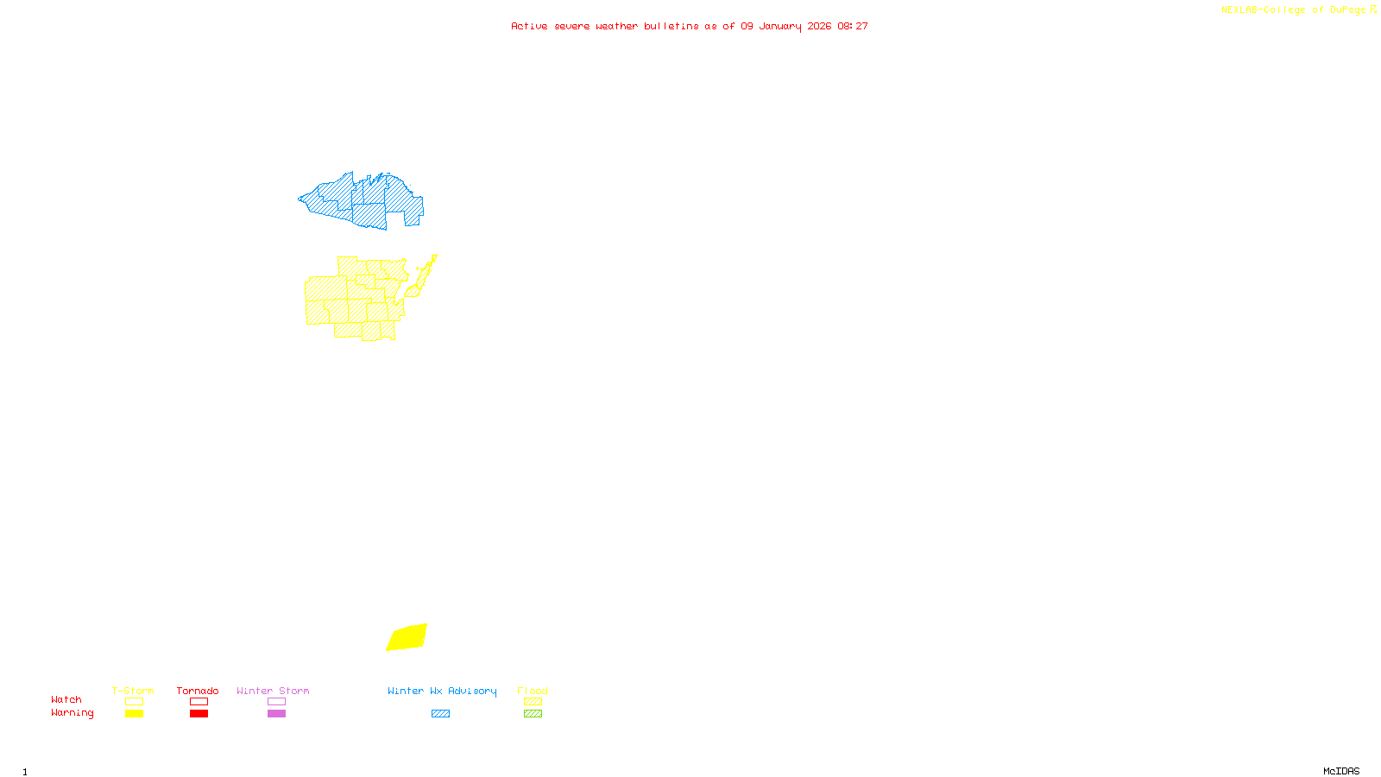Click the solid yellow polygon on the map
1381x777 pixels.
coord(407,637)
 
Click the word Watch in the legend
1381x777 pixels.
coord(66,699)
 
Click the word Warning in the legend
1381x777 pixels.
coord(72,713)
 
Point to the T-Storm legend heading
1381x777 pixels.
coord(133,691)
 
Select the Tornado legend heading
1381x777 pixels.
coord(198,691)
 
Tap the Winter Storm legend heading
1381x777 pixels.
coord(273,691)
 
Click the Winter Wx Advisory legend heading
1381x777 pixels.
coord(442,691)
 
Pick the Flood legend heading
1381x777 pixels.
coord(533,691)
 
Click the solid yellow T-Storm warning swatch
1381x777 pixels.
coord(134,714)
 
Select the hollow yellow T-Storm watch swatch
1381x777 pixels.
coord(134,702)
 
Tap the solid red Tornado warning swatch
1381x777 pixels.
coord(199,714)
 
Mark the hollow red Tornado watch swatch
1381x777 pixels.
coord(199,702)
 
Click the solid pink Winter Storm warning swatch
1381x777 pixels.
coord(276,714)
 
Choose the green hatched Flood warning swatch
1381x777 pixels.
coord(533,714)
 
